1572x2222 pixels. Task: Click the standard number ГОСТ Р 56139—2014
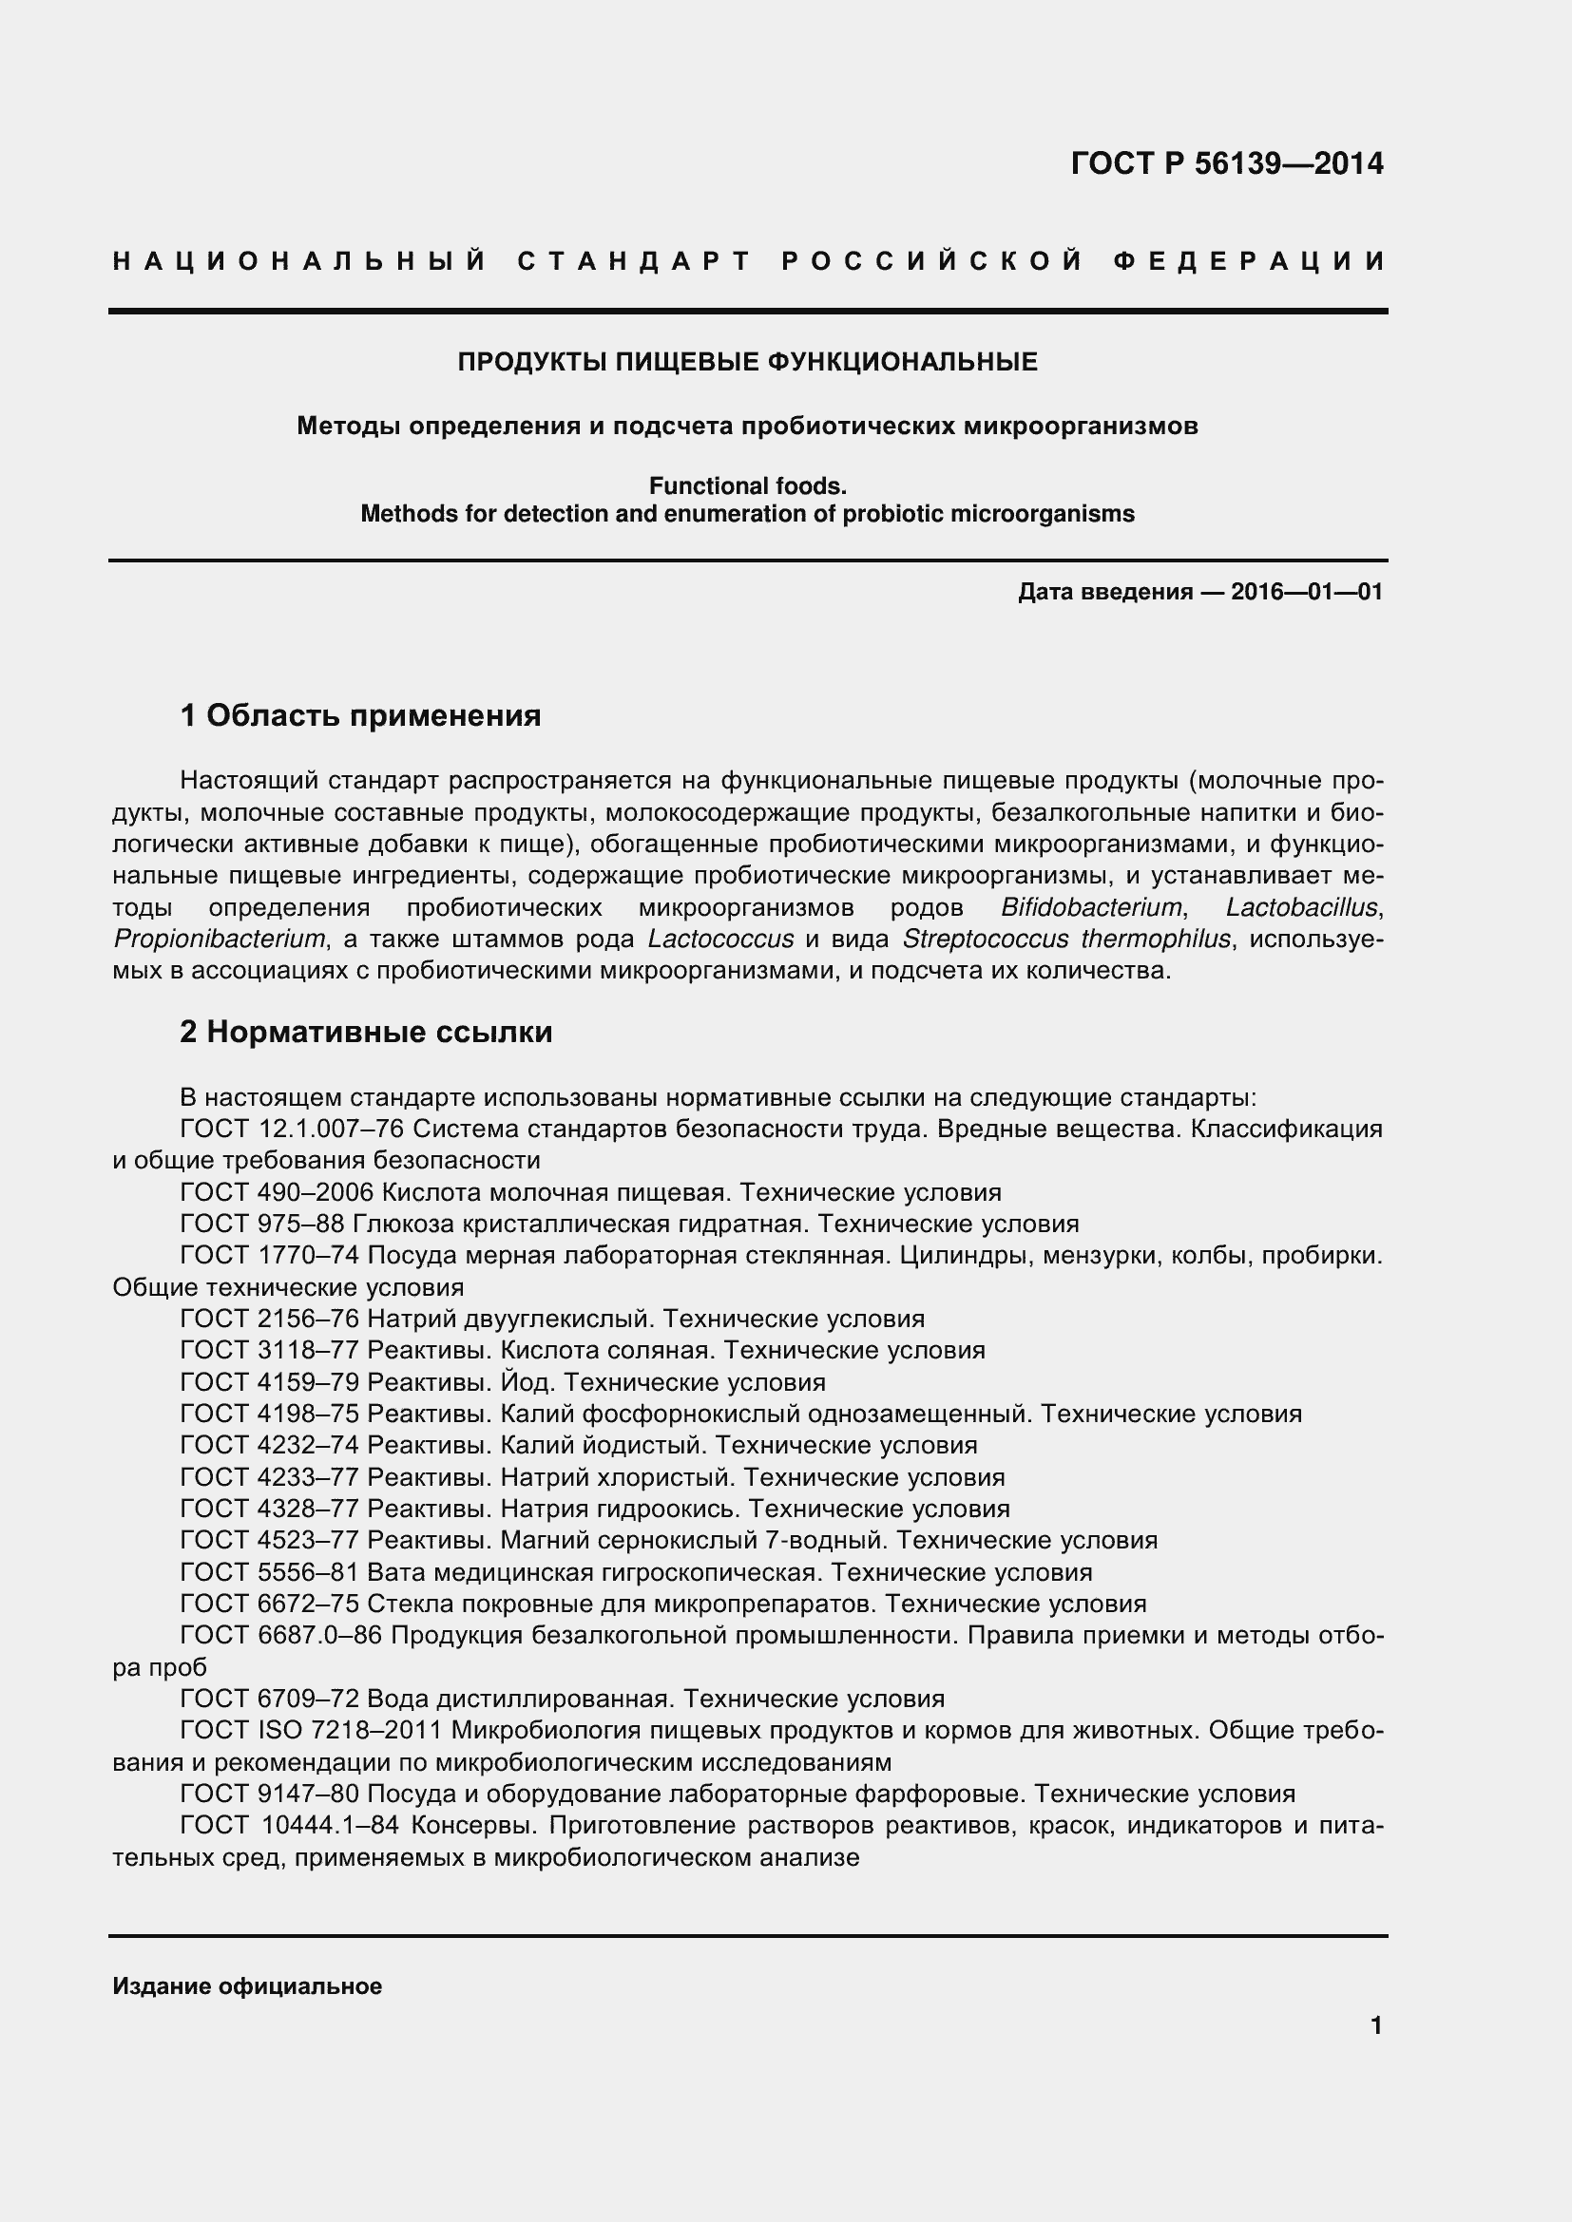1226,163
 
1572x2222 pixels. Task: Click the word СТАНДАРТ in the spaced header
634,261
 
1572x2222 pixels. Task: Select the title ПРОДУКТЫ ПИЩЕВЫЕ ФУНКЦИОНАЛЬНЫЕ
747,362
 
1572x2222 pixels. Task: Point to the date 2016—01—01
1306,591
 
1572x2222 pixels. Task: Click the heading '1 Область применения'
360,716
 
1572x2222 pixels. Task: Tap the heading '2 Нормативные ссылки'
366,1033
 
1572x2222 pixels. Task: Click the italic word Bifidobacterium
1091,908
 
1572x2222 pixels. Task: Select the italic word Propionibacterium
219,939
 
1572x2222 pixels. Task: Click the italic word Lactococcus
720,939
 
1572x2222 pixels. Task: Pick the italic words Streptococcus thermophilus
1065,939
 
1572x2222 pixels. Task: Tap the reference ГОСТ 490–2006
277,1192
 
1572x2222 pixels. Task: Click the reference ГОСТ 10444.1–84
290,1825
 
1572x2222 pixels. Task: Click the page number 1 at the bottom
1376,2025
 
